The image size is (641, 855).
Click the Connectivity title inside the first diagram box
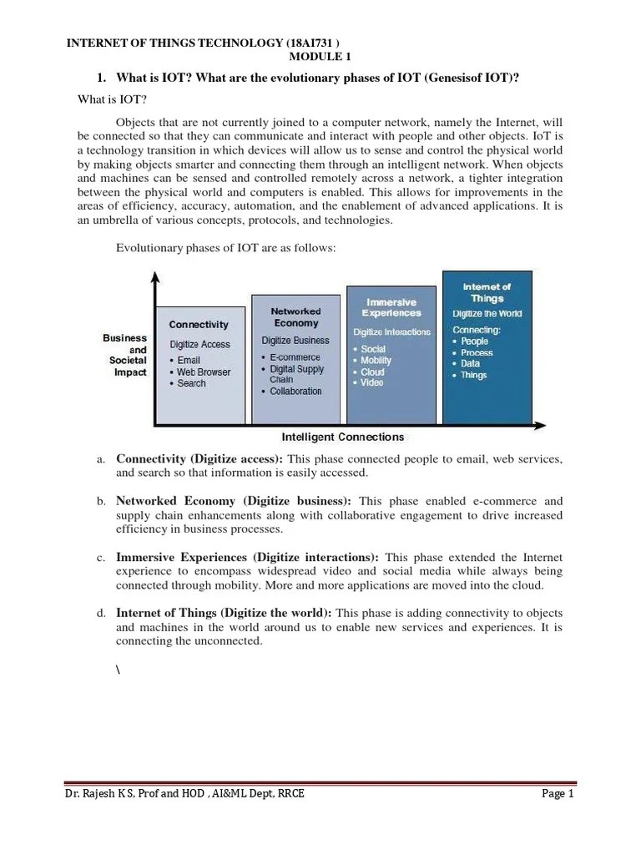(199, 324)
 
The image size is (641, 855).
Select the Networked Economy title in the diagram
(295, 316)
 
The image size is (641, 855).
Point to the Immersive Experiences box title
(391, 307)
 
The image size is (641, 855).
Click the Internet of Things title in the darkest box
(487, 291)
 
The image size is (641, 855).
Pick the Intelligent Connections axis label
(342, 437)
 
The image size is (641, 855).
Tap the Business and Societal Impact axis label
(125, 356)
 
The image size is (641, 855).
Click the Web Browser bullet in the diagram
(203, 372)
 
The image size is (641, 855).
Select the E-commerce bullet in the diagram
(295, 357)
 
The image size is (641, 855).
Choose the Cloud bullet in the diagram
(372, 372)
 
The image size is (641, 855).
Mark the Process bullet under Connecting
(477, 353)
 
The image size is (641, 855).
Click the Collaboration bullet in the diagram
(295, 392)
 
